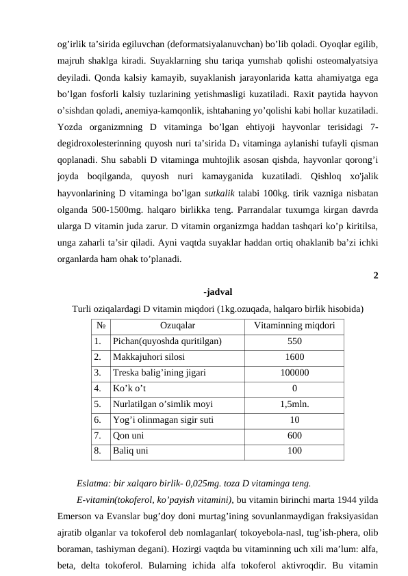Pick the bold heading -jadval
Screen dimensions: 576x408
(x=218, y=291)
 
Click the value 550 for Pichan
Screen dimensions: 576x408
(x=294, y=341)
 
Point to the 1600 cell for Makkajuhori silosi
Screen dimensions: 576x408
(x=294, y=356)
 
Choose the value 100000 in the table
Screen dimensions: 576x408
(x=294, y=372)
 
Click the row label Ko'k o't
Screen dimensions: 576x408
(x=129, y=388)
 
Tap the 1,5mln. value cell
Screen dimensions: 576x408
(x=294, y=404)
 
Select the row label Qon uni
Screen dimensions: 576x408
(x=128, y=435)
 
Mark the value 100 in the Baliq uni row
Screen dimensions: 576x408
(x=294, y=451)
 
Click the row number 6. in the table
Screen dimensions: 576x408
(x=99, y=419)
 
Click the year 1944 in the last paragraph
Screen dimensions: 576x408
(x=347, y=496)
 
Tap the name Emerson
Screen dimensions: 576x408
(x=76, y=512)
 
